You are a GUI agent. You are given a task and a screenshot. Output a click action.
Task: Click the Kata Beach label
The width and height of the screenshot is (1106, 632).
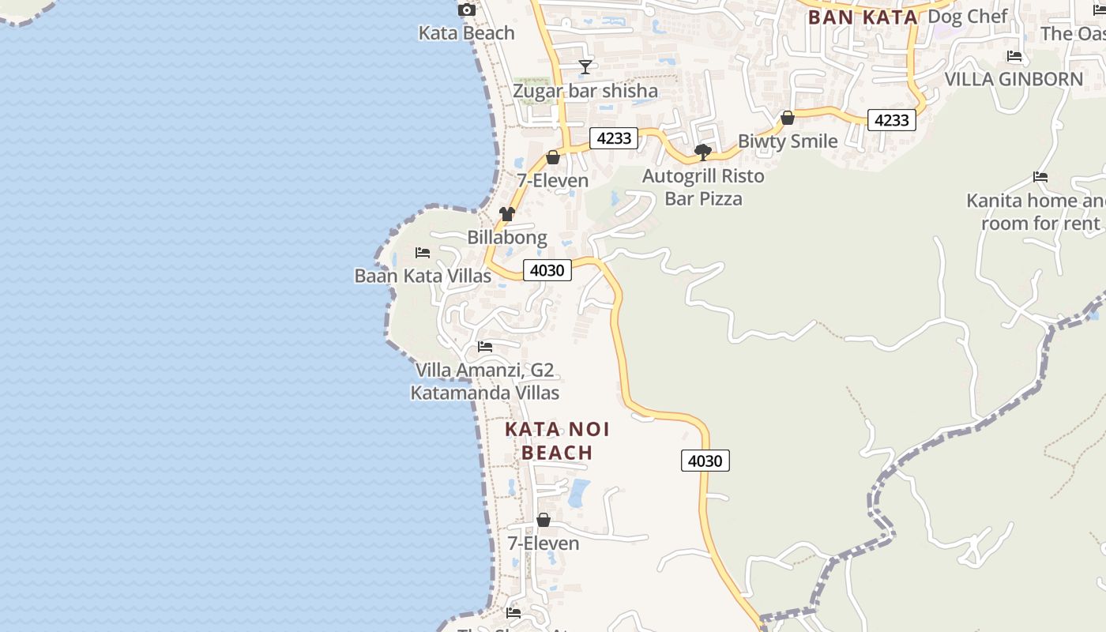[x=466, y=33]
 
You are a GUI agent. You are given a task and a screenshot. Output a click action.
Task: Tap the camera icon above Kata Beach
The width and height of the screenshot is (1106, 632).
[x=467, y=10]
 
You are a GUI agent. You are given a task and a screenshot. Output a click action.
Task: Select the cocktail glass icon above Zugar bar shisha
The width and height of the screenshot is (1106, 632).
[x=585, y=67]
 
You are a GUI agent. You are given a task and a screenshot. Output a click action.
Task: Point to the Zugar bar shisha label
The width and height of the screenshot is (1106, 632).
[x=585, y=91]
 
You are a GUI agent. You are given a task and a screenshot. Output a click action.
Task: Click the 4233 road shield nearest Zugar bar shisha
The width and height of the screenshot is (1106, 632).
[x=614, y=138]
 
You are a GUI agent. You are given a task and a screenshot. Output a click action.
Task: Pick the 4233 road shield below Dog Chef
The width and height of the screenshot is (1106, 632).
[x=891, y=120]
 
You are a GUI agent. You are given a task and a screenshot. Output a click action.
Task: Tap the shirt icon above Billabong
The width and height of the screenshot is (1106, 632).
[x=507, y=214]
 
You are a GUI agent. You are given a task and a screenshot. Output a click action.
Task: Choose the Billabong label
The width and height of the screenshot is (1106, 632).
[x=506, y=237]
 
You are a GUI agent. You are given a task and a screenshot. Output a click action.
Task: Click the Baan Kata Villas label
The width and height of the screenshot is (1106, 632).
[x=423, y=276]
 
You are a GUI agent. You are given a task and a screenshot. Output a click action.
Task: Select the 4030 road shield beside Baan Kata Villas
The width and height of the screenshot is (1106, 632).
[x=547, y=270]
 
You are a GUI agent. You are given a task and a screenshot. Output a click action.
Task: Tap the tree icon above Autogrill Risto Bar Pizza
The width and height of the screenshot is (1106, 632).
[x=702, y=152]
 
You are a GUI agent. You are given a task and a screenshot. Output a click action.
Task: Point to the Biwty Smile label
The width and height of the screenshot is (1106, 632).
[x=787, y=141]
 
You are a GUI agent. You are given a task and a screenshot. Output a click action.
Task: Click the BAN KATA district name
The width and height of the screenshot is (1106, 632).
[x=863, y=17]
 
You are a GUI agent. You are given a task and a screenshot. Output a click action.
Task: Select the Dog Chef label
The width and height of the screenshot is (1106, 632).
[x=968, y=17]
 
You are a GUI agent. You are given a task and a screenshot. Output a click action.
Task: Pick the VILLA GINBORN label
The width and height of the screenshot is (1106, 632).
[x=1014, y=79]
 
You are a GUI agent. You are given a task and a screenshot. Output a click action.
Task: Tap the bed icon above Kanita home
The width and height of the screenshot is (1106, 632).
[x=1040, y=178]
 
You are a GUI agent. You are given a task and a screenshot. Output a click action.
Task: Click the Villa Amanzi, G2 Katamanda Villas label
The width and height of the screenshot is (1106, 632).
[x=484, y=381]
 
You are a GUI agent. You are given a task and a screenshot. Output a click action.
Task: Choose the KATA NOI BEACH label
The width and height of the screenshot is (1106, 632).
[x=557, y=441]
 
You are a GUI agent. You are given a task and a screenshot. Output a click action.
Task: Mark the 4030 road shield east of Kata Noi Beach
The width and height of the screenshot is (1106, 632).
[x=705, y=461]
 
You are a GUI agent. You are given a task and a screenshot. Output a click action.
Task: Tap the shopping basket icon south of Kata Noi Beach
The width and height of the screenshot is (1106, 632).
[x=544, y=521]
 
